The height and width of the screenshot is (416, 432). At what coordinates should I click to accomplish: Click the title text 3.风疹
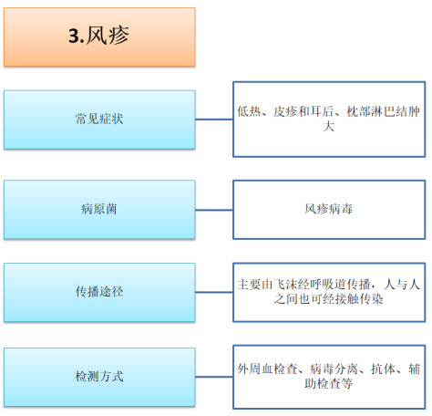coord(98,36)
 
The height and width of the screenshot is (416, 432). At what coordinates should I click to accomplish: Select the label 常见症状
coord(99,119)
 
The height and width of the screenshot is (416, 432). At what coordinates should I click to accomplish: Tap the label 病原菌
coord(99,209)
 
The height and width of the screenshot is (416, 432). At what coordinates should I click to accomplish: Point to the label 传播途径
coord(99,292)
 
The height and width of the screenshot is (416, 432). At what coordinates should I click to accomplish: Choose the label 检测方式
coord(99,376)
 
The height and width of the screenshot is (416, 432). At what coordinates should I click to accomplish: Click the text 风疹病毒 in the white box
coord(328,209)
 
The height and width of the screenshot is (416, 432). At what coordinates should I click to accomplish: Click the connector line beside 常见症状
coord(214,120)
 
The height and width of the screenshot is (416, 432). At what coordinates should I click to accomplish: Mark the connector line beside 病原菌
coord(214,210)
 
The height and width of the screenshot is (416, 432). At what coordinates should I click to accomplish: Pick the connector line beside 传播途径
coord(214,292)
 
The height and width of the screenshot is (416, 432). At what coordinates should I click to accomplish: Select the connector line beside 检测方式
coord(214,377)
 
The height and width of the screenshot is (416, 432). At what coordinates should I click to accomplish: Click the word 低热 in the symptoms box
coord(249,111)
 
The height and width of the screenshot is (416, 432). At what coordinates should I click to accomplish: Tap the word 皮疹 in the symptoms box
coord(285,111)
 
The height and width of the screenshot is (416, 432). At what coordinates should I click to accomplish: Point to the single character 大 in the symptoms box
coord(328,126)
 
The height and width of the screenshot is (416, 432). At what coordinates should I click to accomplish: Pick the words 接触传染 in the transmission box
coord(358,299)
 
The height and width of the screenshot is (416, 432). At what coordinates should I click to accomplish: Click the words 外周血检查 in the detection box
coord(267,369)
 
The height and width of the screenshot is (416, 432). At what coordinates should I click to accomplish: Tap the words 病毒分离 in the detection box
coord(334,369)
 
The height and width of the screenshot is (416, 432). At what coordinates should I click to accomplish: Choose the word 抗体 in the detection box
coord(383,369)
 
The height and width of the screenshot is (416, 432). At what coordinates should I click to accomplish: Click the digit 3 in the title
coord(74,36)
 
